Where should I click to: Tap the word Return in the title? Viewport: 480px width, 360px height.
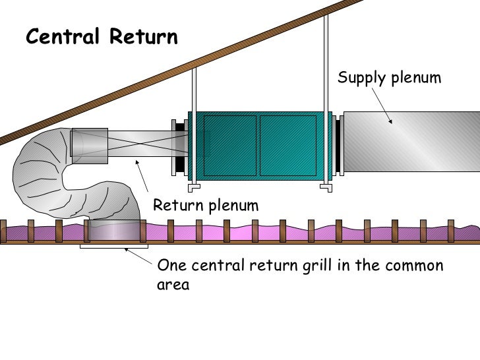tap(143, 37)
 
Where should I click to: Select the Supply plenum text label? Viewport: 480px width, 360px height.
tap(389, 78)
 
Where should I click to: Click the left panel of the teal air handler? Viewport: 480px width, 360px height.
tap(229, 146)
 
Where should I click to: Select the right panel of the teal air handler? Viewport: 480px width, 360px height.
tap(287, 146)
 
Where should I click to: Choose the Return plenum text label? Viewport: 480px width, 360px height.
tap(206, 206)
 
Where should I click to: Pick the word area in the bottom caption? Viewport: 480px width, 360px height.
tap(173, 285)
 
